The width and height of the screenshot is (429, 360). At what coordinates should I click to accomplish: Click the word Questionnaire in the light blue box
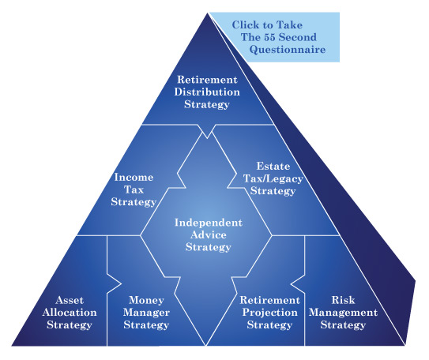click(x=288, y=50)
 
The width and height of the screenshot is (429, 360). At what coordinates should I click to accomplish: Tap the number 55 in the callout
click(x=269, y=37)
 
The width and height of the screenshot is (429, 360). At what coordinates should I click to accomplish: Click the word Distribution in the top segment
click(x=207, y=92)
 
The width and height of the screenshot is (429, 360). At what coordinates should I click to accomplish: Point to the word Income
click(x=134, y=177)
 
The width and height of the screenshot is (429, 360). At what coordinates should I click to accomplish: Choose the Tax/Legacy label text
click(x=273, y=178)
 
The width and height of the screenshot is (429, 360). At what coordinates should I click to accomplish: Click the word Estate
click(x=273, y=167)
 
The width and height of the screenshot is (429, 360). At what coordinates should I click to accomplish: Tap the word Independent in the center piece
click(x=209, y=223)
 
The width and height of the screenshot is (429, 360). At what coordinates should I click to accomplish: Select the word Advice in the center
click(x=209, y=234)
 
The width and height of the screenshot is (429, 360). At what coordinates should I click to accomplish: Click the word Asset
click(x=70, y=300)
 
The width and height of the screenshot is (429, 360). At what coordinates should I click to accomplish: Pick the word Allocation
click(x=70, y=313)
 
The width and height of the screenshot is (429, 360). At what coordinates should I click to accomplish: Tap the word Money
click(x=146, y=300)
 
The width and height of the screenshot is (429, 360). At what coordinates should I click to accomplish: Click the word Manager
click(x=146, y=313)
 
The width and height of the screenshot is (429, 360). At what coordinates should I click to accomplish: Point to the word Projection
click(x=269, y=313)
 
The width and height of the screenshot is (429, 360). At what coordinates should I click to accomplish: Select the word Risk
click(x=343, y=300)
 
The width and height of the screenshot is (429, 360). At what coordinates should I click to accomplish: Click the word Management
click(x=343, y=313)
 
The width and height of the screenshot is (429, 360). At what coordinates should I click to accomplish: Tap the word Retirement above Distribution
click(x=207, y=80)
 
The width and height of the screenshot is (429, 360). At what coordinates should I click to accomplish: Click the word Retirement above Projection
click(x=269, y=300)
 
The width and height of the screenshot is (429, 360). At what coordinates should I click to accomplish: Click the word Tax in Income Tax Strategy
click(x=134, y=189)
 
